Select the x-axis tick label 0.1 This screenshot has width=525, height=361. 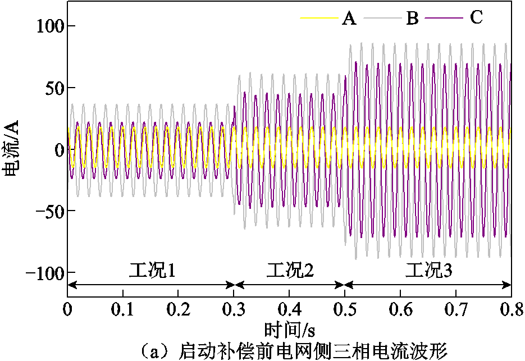pyautogui.click(x=123, y=309)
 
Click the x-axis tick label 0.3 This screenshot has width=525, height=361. pyautogui.click(x=234, y=309)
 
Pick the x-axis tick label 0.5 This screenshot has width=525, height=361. pyautogui.click(x=345, y=309)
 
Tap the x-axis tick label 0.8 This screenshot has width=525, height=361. pyautogui.click(x=510, y=309)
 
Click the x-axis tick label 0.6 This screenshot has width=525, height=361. pyautogui.click(x=400, y=309)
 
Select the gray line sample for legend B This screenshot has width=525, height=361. pyautogui.click(x=382, y=19)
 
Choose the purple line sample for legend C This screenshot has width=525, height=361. pyautogui.click(x=444, y=19)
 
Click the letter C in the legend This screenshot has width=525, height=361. pyautogui.click(x=476, y=18)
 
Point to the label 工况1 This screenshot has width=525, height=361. pyautogui.click(x=152, y=271)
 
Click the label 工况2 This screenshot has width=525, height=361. pyautogui.click(x=290, y=271)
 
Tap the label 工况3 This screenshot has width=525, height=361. pyautogui.click(x=428, y=271)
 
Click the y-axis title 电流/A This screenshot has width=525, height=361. pyautogui.click(x=12, y=148)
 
